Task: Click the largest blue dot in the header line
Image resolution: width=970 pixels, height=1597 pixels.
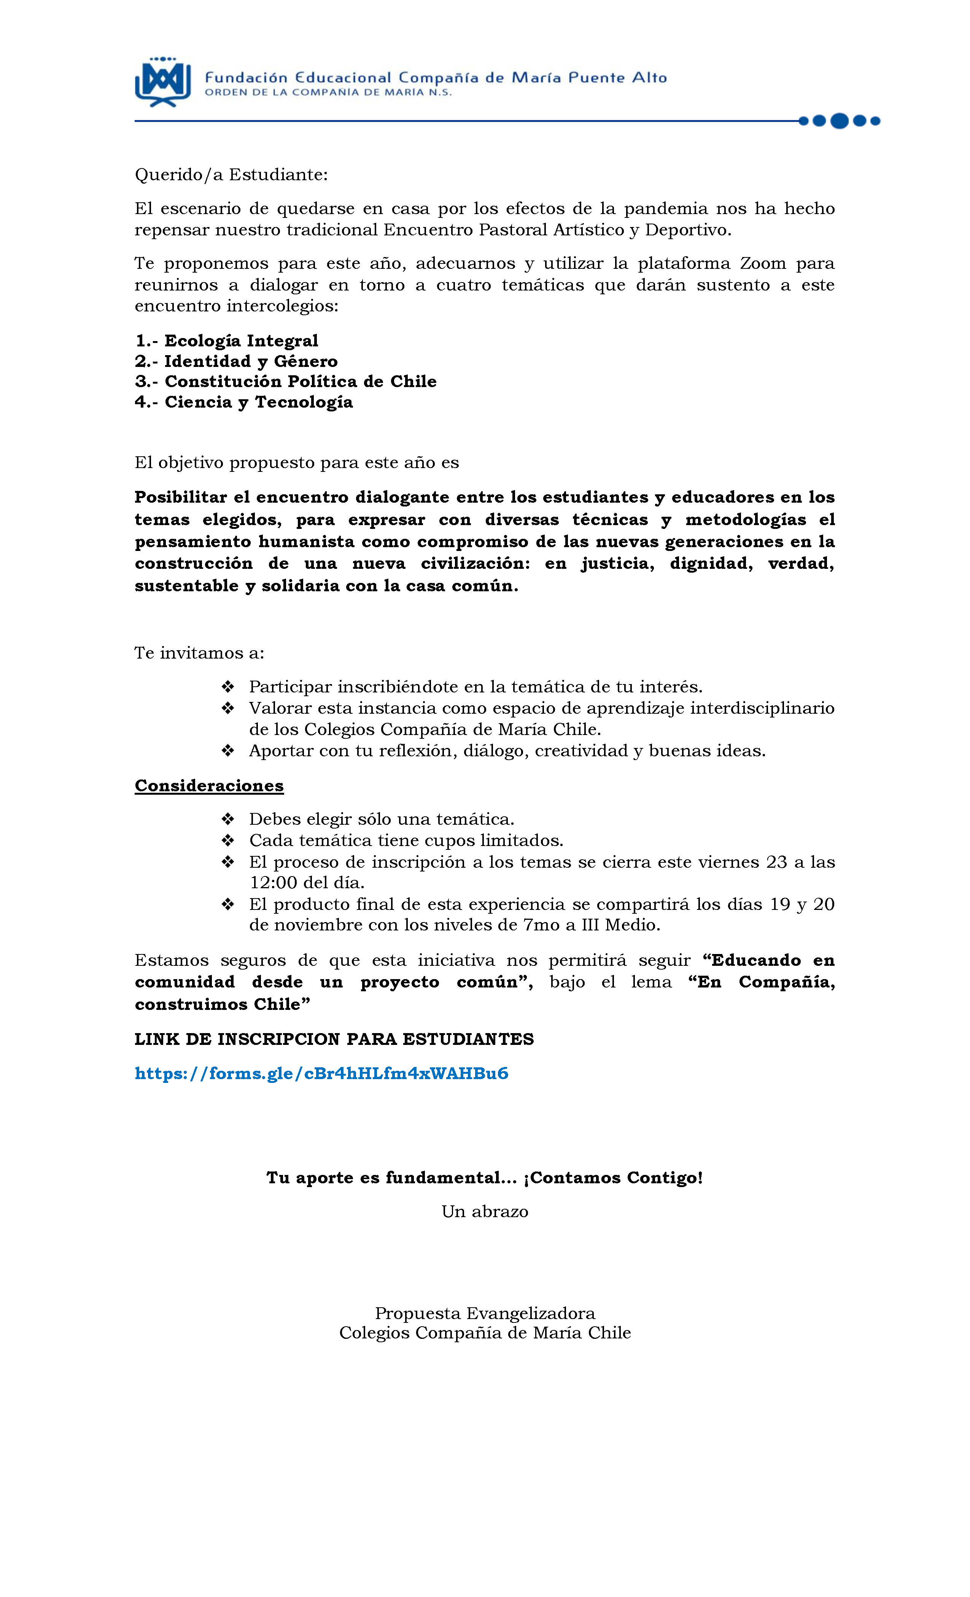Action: (839, 121)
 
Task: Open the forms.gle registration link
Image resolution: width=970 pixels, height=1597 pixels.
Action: (321, 1073)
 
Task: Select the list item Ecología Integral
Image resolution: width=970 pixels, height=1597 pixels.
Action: (227, 341)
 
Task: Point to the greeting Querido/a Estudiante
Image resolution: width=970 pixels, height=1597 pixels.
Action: (231, 175)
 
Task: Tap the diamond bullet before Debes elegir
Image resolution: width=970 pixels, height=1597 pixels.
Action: (227, 819)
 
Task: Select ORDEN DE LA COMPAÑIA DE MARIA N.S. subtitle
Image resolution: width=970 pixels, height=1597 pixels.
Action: (328, 93)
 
